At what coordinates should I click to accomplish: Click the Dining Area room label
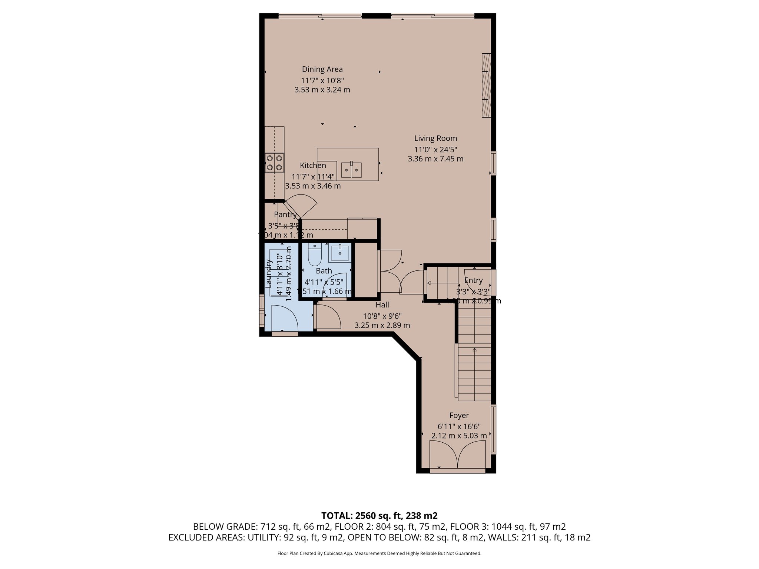(x=322, y=69)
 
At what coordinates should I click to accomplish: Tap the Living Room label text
(x=435, y=138)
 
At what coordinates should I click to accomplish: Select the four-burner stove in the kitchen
(x=275, y=163)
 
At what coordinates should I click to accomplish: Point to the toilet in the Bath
(x=315, y=255)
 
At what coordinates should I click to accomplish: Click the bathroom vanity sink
(x=339, y=253)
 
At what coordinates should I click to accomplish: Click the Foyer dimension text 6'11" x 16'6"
(x=459, y=426)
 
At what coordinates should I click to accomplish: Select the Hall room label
(x=382, y=305)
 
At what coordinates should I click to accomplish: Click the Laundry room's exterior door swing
(x=284, y=318)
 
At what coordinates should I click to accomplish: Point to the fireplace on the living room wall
(x=487, y=85)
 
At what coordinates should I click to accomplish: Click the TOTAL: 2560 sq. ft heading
(x=379, y=516)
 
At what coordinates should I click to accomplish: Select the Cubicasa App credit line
(x=379, y=553)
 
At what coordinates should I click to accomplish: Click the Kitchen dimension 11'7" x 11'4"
(x=313, y=177)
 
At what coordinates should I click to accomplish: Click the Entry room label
(x=473, y=280)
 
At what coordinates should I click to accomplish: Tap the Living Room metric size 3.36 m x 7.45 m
(x=435, y=159)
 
